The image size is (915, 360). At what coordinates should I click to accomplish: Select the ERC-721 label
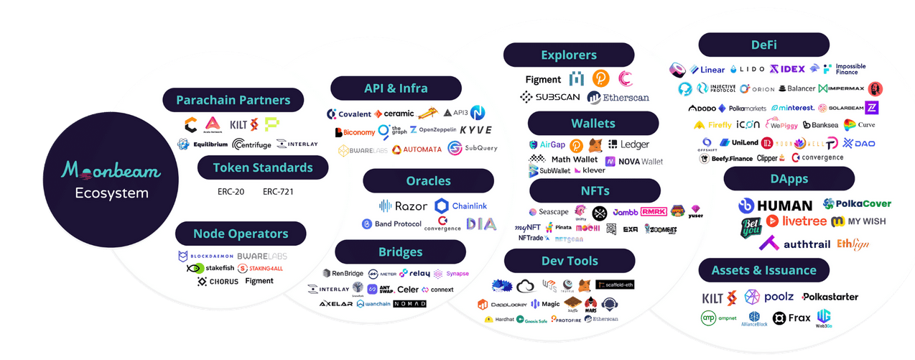[x=279, y=192]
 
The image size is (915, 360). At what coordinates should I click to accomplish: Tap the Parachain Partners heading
[x=233, y=100]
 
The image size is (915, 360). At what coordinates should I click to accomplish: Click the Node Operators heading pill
[x=241, y=234]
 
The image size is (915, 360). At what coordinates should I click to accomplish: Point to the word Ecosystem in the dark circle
[x=111, y=193]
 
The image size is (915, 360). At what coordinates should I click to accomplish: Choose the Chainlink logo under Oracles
[x=461, y=206]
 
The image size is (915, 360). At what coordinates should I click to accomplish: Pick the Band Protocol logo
[x=391, y=224]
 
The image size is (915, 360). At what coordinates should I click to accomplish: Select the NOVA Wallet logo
[x=634, y=161]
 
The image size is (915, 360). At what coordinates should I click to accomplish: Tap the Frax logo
[x=791, y=318]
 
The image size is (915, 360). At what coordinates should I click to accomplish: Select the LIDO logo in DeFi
[x=748, y=70]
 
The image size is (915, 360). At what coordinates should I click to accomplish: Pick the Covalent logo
[x=349, y=114]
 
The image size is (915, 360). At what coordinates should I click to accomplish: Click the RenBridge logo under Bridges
[x=343, y=273]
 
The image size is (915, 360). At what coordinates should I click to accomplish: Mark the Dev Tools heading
[x=570, y=261]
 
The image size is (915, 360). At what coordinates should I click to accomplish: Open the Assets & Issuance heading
[x=763, y=270]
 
